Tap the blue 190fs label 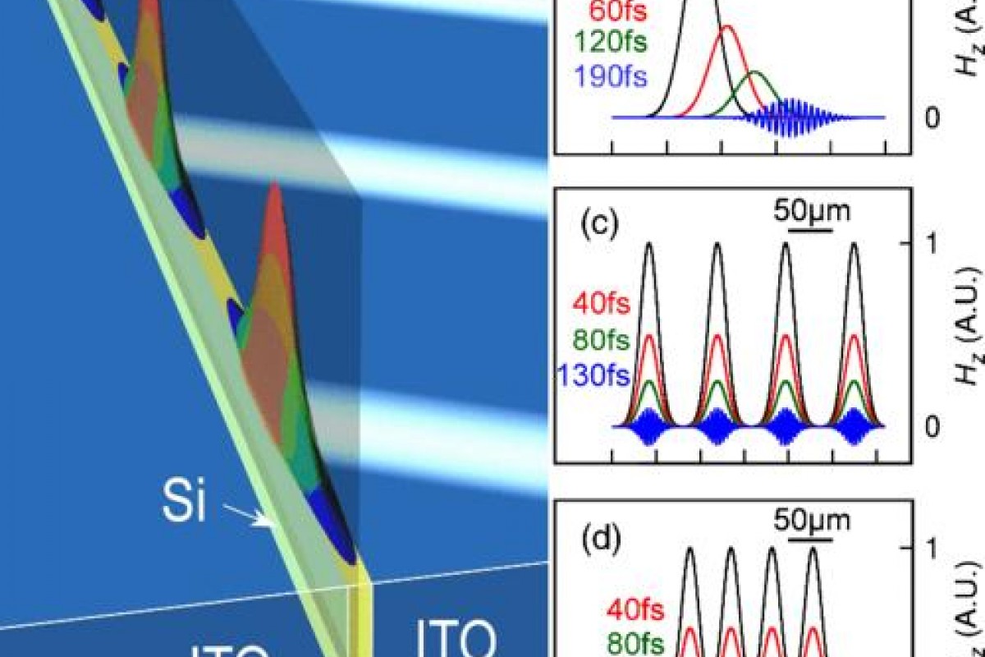click(609, 76)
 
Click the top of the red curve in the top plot click(726, 28)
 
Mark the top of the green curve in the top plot click(756, 73)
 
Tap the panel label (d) click(601, 543)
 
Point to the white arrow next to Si click(250, 515)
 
